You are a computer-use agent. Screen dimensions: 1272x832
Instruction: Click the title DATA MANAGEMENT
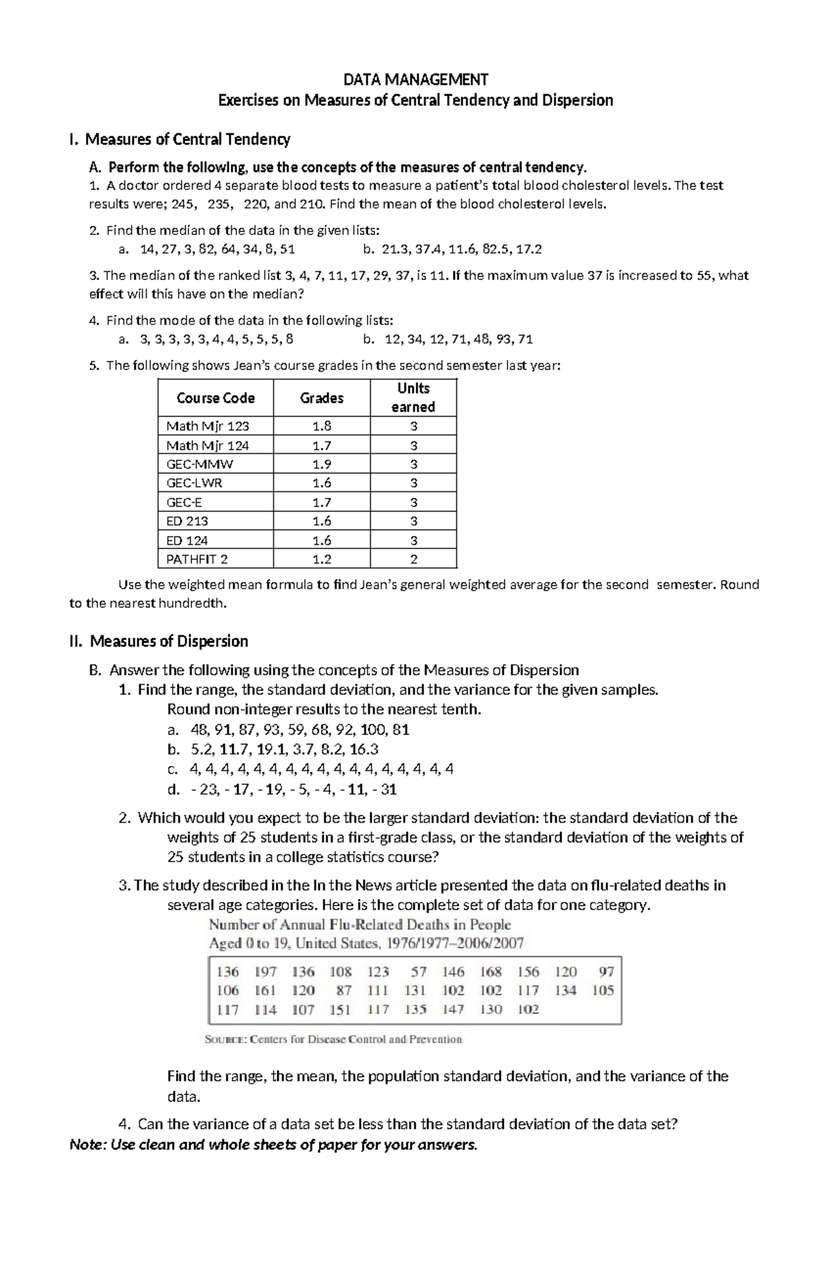(415, 79)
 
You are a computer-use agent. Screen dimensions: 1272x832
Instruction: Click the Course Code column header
(216, 398)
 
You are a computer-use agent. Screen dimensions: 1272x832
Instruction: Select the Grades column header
(322, 398)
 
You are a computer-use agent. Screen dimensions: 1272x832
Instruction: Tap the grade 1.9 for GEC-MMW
(322, 464)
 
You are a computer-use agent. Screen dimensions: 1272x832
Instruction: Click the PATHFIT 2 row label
(197, 559)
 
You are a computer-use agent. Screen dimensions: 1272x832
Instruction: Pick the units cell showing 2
(413, 559)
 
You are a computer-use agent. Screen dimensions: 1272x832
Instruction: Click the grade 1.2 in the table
(322, 559)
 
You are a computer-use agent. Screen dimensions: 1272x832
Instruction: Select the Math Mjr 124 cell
(207, 446)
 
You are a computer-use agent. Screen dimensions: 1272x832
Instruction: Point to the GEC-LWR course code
(194, 483)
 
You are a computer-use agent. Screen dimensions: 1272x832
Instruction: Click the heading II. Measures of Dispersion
(159, 641)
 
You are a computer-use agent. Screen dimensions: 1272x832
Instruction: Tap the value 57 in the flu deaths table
(418, 972)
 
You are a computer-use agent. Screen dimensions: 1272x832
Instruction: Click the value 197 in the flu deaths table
(266, 972)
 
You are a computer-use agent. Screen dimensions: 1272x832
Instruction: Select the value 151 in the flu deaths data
(340, 1010)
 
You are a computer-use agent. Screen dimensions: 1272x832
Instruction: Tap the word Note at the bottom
(87, 1144)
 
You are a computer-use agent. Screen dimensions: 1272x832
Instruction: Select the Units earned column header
(413, 397)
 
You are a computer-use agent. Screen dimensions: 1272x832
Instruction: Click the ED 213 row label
(187, 521)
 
